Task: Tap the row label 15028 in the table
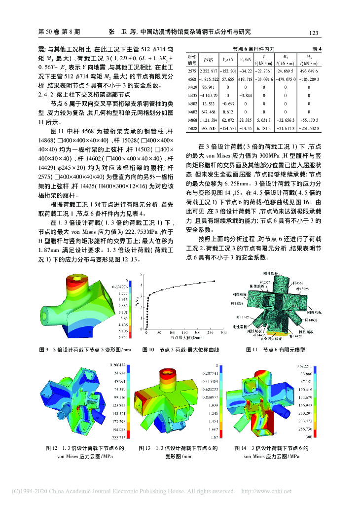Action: click(192, 129)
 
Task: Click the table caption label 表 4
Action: click(317, 49)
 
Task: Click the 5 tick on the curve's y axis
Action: click(142, 275)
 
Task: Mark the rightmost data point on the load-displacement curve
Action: click(214, 281)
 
